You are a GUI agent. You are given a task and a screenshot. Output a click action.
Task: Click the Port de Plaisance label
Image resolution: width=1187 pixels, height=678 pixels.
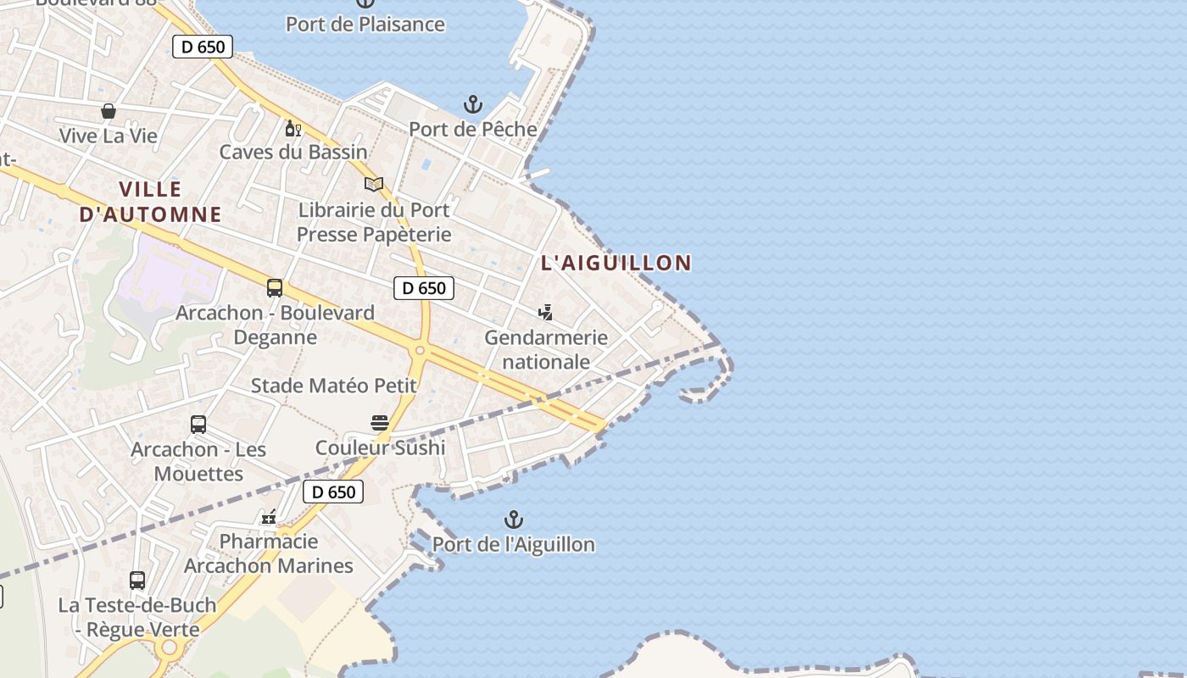[x=365, y=24]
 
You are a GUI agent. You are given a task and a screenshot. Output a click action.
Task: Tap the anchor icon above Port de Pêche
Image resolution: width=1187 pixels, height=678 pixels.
[x=473, y=105]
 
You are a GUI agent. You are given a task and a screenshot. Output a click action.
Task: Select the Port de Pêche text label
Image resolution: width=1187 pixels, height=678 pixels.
[x=473, y=129]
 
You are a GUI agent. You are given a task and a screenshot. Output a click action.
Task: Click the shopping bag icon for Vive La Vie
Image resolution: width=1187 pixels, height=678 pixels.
[x=109, y=111]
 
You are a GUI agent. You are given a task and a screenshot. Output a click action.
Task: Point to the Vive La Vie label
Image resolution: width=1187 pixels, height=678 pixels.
[x=109, y=136]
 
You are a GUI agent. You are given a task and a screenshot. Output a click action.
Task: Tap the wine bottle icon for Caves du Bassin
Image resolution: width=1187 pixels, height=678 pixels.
[x=293, y=128]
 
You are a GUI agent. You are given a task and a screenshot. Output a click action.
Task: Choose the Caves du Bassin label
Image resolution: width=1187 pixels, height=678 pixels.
[x=293, y=153]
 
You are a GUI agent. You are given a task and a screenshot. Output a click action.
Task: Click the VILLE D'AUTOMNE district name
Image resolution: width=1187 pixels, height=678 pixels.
[x=150, y=202]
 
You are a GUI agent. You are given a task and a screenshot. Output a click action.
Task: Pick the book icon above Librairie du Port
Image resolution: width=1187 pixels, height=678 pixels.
[x=374, y=184]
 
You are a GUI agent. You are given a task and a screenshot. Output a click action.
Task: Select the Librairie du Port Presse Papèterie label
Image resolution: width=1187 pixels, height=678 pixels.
[x=374, y=221]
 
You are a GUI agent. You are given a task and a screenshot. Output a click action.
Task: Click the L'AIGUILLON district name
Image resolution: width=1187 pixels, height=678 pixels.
[x=616, y=263]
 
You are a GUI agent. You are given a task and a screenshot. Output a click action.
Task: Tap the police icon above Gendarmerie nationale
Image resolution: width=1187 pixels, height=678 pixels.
[x=546, y=313]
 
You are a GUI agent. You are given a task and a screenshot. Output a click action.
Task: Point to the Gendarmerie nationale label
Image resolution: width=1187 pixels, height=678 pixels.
[x=546, y=349]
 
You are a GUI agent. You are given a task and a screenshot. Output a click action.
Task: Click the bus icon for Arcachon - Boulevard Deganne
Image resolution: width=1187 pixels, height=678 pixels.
[x=275, y=288]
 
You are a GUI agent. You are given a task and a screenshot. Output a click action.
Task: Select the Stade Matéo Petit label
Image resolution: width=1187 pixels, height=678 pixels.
[x=334, y=386]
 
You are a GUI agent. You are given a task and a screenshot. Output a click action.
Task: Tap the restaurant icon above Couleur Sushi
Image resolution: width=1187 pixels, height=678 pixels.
[x=380, y=423]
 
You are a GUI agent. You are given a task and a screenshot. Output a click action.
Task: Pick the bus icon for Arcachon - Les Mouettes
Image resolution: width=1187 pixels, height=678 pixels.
[x=198, y=425]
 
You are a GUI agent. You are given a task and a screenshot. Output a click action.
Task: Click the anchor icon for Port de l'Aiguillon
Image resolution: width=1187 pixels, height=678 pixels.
[x=514, y=520]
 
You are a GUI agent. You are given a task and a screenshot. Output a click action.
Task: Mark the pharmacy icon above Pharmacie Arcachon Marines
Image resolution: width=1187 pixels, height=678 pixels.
[x=269, y=517]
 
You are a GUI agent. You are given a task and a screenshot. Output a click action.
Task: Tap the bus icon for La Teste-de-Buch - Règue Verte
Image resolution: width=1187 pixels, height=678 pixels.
[x=137, y=581]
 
